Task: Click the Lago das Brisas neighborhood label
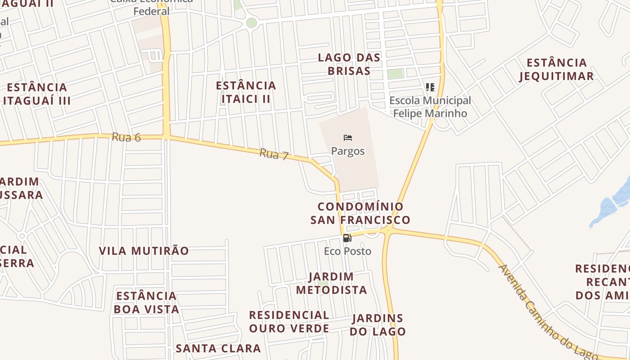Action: [x=349, y=64]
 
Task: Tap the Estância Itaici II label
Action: [x=246, y=92]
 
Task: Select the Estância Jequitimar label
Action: [x=557, y=69]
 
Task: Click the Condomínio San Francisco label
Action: [x=360, y=213]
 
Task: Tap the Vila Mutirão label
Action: [x=144, y=251]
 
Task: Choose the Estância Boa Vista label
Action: [x=146, y=302]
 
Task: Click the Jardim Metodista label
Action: [x=331, y=283]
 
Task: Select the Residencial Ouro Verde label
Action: [x=289, y=321]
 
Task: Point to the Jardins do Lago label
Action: [x=378, y=325]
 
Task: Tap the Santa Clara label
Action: [x=218, y=348]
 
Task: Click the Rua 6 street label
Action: [x=126, y=137]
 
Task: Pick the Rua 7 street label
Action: [x=274, y=155]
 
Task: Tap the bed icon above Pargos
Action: [x=347, y=138]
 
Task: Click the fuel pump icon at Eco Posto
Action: [x=347, y=238]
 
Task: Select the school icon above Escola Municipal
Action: [x=430, y=87]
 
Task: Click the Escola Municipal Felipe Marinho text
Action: [x=430, y=107]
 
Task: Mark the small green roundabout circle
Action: [x=252, y=22]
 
